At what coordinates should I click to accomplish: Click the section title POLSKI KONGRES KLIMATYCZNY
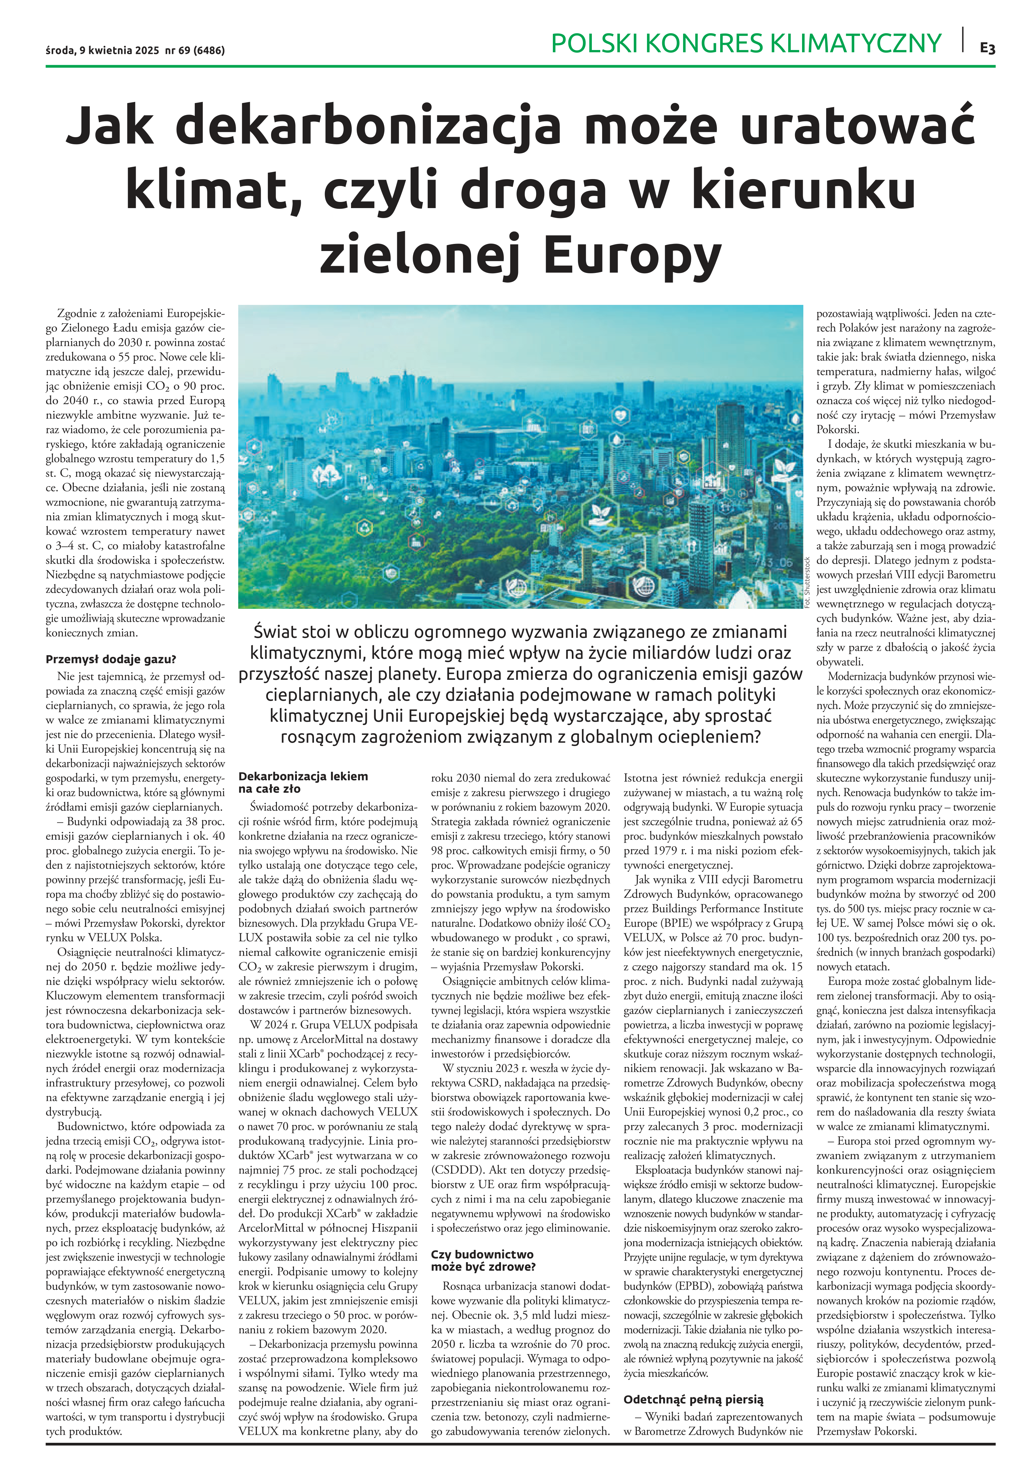pyautogui.click(x=746, y=43)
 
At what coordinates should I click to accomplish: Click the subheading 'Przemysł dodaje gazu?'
pyautogui.click(x=111, y=659)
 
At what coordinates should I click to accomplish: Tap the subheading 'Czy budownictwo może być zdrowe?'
pyautogui.click(x=483, y=1260)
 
